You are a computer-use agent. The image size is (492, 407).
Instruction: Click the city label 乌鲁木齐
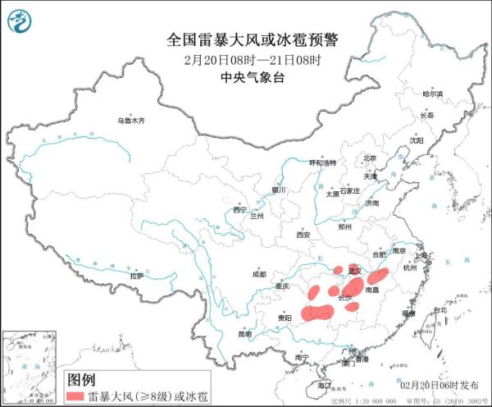click(130, 121)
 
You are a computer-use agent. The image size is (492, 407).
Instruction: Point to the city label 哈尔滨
click(432, 94)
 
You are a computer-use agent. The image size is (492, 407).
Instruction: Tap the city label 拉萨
click(136, 276)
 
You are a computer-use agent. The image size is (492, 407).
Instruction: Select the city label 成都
click(259, 275)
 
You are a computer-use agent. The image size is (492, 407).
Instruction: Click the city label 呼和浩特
click(322, 162)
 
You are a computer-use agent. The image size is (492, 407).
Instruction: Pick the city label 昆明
click(245, 334)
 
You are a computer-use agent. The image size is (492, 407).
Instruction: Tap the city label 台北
click(440, 309)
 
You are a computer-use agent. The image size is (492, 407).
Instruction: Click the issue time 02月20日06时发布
click(443, 384)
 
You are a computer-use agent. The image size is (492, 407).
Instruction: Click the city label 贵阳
click(285, 316)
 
